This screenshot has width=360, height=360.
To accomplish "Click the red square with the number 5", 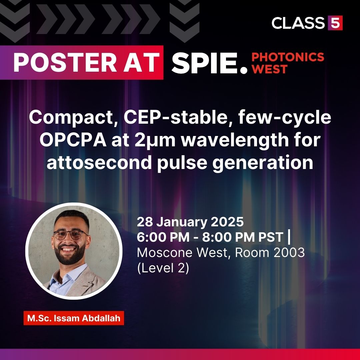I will [335, 23].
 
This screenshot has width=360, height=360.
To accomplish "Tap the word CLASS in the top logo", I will [298, 23].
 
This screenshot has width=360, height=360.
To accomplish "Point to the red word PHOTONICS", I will [288, 57].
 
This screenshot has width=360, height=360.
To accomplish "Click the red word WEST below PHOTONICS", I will [270, 69].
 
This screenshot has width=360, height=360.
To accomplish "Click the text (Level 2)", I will [163, 268].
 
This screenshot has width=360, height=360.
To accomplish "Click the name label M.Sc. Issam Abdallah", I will [74, 318].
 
